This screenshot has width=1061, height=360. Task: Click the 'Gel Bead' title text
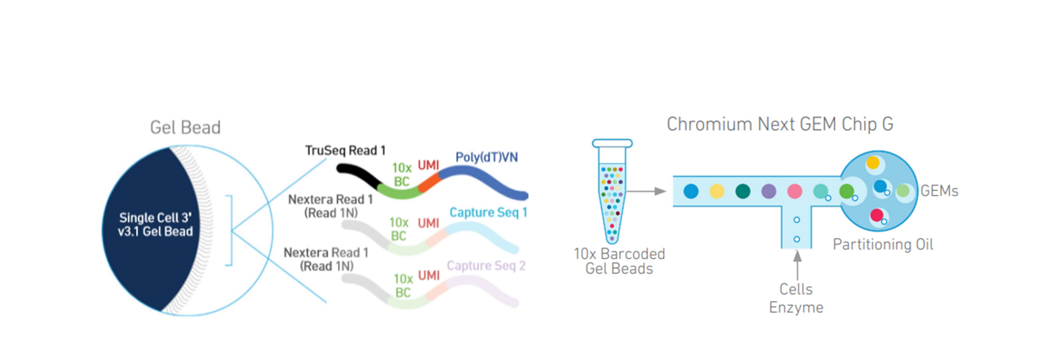185,128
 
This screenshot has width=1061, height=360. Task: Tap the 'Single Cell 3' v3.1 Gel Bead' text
155,224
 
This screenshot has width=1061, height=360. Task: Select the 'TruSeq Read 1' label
345,150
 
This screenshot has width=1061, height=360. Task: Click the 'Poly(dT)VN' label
486,157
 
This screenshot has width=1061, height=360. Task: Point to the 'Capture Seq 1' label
488,212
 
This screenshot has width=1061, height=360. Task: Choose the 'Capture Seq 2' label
486,266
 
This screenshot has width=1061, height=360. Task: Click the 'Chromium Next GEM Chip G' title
780,124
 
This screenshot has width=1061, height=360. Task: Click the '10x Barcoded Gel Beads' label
619,261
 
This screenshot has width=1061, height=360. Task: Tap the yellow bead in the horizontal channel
717,191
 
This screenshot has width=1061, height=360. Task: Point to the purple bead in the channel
768,191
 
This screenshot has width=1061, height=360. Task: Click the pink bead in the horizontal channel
795,191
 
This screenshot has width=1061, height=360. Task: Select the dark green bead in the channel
743,191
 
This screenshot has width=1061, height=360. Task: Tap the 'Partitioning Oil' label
883,244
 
